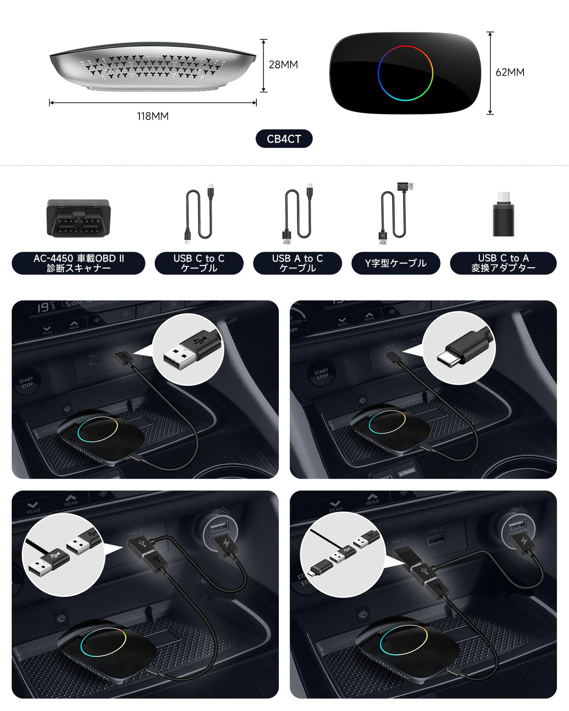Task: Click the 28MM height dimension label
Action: (283, 65)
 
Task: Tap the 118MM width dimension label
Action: (153, 116)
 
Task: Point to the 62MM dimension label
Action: (510, 72)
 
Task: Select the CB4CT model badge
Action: (284, 139)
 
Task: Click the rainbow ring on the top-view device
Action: (405, 73)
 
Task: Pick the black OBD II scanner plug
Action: (79, 218)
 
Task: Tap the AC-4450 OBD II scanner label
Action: (78, 263)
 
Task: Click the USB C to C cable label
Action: (199, 263)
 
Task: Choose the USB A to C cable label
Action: (297, 263)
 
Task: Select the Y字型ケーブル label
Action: (396, 263)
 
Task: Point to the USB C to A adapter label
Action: (503, 263)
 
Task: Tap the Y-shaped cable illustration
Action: (395, 213)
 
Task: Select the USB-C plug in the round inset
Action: (459, 349)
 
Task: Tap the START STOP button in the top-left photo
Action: (26, 382)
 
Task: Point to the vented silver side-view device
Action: (153, 66)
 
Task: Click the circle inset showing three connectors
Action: (342, 555)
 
